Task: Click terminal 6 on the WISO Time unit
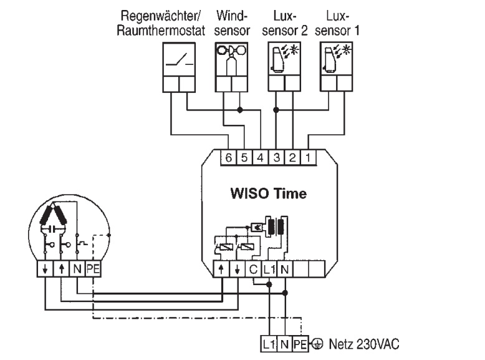[229, 157]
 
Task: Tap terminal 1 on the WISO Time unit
[307, 157]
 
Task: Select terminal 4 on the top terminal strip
[261, 157]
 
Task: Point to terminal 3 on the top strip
[276, 157]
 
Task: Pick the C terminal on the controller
[253, 270]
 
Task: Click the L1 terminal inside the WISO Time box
[269, 270]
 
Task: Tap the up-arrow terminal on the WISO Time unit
[222, 270]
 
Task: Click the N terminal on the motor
[76, 270]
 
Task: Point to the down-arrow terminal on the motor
[46, 270]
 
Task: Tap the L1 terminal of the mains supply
[269, 343]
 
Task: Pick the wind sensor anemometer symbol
[231, 59]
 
